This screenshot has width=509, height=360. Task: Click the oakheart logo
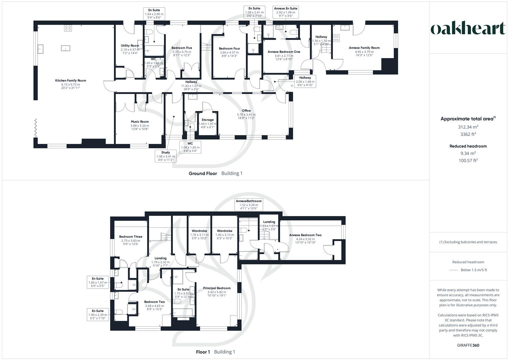coord(468,29)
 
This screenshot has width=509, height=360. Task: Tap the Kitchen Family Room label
coord(70,80)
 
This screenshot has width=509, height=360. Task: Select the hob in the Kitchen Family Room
coord(68,29)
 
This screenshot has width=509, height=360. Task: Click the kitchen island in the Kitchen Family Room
coord(66,49)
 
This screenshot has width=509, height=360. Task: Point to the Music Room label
coord(140,122)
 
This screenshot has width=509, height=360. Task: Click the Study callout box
coord(166,156)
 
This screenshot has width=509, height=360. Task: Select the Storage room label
coord(208,120)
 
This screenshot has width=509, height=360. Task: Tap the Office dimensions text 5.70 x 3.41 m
coord(246,114)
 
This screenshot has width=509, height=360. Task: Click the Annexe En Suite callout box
coord(285,12)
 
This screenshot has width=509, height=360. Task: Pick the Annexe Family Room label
coord(364,48)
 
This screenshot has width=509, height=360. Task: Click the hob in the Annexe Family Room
coord(336,38)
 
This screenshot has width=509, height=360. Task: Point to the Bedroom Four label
coord(229,48)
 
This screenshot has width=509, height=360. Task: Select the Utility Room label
coord(130,46)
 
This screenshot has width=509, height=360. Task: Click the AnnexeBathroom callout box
coord(249,205)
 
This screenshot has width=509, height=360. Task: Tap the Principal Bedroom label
coord(217,288)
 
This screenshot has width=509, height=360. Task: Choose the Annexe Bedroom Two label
coord(305,235)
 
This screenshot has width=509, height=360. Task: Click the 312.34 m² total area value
coord(468,127)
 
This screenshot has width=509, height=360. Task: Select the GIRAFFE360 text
coord(468,345)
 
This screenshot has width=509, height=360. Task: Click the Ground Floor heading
coord(203,173)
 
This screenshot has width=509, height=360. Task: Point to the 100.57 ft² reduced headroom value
coord(468,161)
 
